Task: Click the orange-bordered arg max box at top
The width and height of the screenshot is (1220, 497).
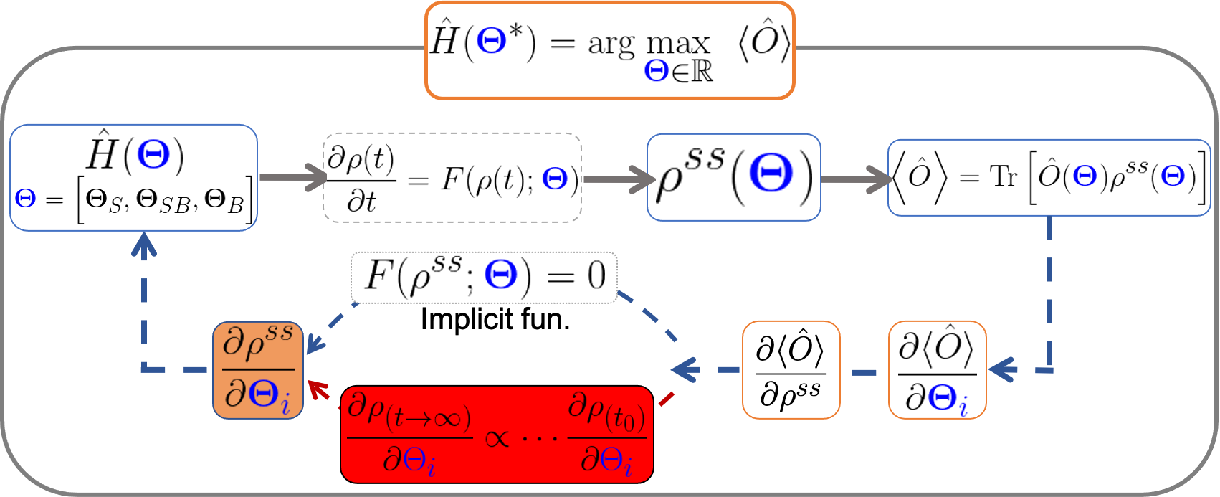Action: [609, 50]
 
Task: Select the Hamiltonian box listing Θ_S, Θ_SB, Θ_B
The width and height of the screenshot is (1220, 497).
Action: [133, 178]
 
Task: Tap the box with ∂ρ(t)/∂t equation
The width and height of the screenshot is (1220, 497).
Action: [452, 177]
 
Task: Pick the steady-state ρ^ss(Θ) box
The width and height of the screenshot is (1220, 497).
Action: [733, 177]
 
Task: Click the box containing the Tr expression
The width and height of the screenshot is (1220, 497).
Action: [1049, 177]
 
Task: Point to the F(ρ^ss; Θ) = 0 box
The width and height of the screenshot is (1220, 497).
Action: [484, 277]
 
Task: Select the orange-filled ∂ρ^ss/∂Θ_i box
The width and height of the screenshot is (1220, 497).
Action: [258, 370]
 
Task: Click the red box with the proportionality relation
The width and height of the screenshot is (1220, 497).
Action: [497, 434]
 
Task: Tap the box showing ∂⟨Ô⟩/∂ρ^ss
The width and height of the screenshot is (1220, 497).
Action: [791, 370]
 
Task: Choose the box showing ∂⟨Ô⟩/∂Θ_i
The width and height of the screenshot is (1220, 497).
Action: [937, 370]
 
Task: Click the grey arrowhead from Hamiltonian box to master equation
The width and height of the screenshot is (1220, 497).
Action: [316, 177]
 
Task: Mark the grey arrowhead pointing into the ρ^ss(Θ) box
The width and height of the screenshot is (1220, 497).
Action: [640, 178]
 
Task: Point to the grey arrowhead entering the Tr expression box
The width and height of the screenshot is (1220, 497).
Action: [879, 179]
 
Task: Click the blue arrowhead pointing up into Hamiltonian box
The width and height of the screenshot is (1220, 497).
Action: [145, 244]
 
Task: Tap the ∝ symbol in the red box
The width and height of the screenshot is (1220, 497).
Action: [497, 436]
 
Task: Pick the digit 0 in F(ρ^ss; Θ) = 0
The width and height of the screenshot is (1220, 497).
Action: [596, 276]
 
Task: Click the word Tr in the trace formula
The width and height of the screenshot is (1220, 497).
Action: [1004, 176]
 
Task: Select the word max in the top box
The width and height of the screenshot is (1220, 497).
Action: [677, 44]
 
